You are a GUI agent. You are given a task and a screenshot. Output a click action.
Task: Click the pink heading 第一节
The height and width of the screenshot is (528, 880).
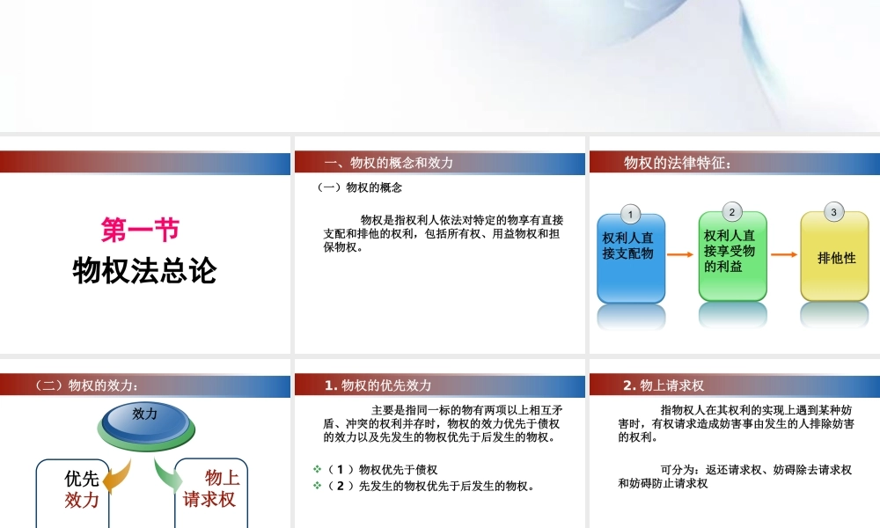[x=141, y=231]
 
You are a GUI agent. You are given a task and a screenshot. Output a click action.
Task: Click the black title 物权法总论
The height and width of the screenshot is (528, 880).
[x=144, y=271]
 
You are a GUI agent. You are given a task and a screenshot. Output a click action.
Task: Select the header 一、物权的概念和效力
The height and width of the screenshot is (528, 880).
[x=389, y=163]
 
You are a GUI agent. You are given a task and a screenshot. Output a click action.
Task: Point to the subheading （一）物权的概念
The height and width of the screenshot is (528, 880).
[x=360, y=187]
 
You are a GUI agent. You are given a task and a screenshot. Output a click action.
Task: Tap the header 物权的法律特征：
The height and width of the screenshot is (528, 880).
[x=677, y=163]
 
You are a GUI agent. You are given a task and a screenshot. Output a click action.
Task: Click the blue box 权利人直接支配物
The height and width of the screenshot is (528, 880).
[x=631, y=257]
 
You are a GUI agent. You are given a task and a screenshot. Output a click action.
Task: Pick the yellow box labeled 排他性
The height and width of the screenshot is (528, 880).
[x=834, y=257]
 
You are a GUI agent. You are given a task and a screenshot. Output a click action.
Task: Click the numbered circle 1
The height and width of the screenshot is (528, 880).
[x=630, y=215]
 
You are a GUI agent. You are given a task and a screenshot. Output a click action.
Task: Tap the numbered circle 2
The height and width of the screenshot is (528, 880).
[x=732, y=212]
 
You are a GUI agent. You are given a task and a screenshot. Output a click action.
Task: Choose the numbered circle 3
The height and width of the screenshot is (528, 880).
[x=833, y=212]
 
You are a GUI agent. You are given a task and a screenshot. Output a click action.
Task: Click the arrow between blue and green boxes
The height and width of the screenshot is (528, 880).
[x=681, y=255]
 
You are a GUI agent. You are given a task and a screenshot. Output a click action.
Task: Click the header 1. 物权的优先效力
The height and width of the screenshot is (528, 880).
[x=378, y=385]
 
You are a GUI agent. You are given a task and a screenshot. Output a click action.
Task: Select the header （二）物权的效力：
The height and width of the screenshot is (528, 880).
[x=86, y=385]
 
